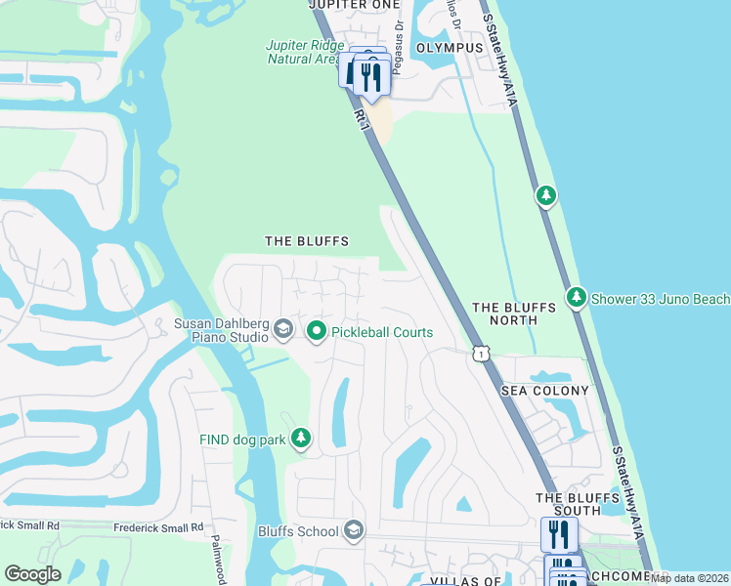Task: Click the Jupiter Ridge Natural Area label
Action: pyautogui.click(x=303, y=52)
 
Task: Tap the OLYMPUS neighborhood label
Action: pyautogui.click(x=450, y=47)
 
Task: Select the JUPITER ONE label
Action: pyautogui.click(x=355, y=5)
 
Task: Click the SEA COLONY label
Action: pyautogui.click(x=545, y=391)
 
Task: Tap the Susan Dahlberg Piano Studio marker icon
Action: pyautogui.click(x=283, y=329)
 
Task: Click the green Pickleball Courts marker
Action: pyautogui.click(x=317, y=333)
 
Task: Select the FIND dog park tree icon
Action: pyautogui.click(x=302, y=439)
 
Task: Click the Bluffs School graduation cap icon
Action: pyautogui.click(x=354, y=531)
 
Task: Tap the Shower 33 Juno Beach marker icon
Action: pyautogui.click(x=577, y=296)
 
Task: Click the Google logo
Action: pyautogui.click(x=32, y=574)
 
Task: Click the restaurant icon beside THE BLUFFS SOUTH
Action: pyautogui.click(x=558, y=534)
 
